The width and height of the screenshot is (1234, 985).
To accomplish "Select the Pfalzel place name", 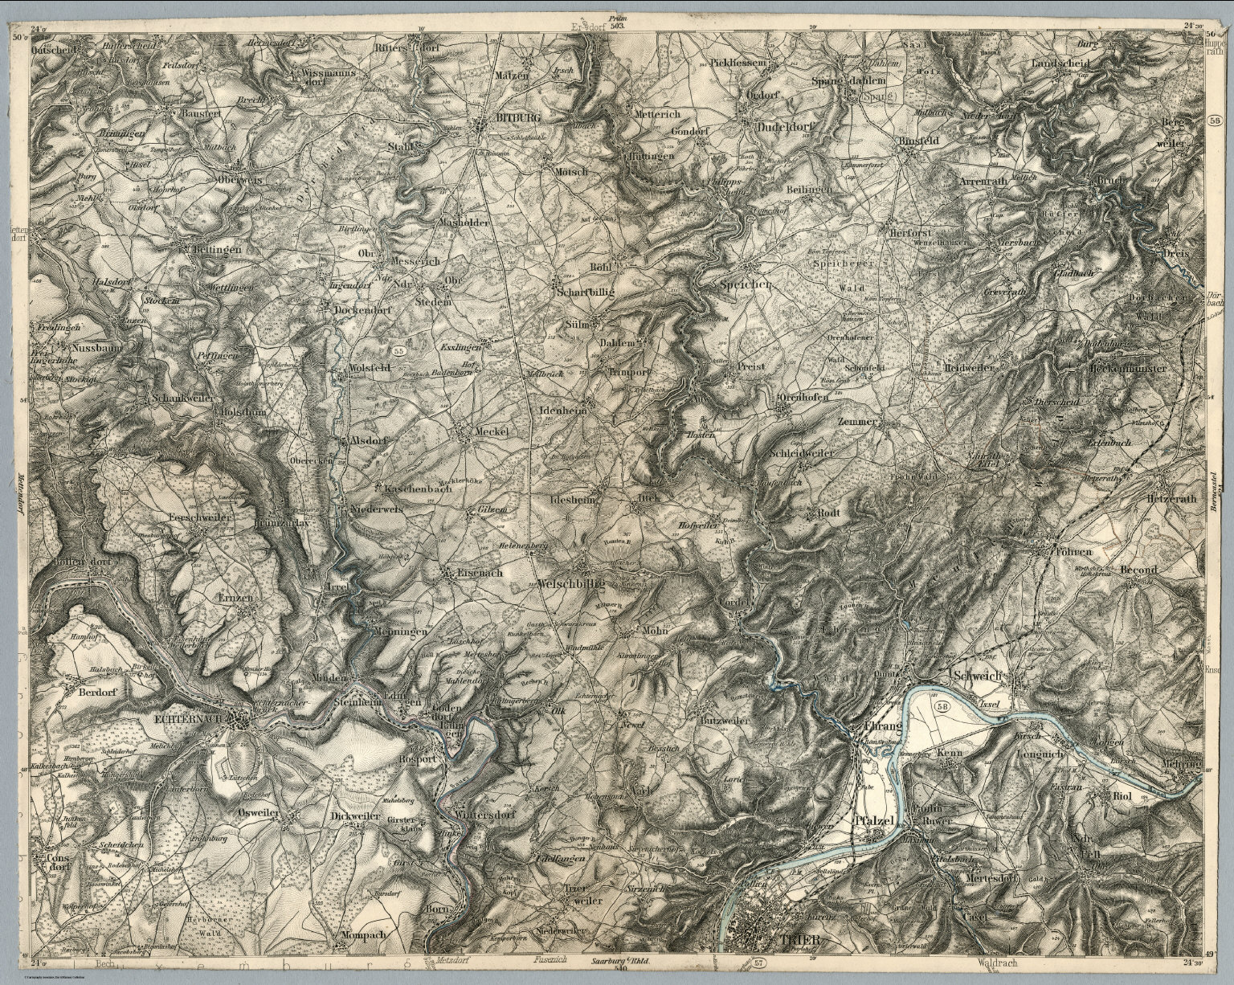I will tap(876, 821).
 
